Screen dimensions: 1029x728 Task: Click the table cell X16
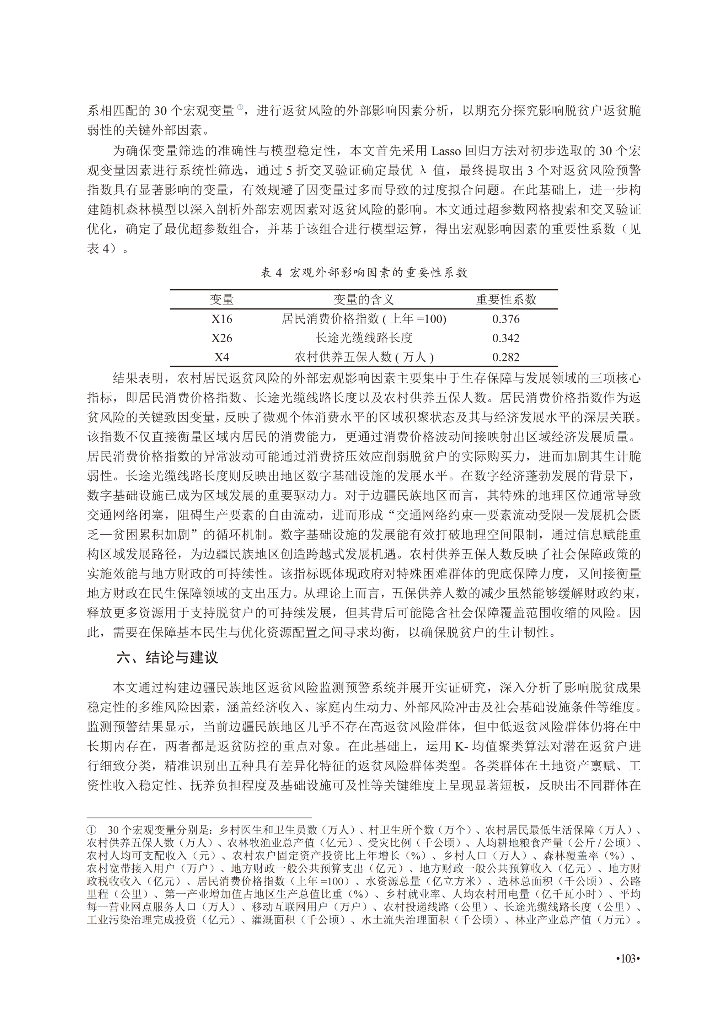pos(221,319)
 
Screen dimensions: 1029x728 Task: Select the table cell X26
pos(221,338)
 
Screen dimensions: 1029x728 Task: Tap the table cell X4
pos(221,357)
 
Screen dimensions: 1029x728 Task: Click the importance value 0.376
pos(506,319)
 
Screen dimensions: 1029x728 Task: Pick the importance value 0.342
pos(506,338)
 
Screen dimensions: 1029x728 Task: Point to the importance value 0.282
pos(506,357)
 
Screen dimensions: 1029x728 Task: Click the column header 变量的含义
pos(364,300)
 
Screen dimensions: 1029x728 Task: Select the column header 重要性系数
pos(506,300)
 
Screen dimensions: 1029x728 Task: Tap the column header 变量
pos(221,300)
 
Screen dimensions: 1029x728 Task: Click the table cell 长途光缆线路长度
pos(364,338)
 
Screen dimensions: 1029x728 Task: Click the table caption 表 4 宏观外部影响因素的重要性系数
pos(364,273)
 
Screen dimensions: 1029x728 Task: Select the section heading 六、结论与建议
pos(167,657)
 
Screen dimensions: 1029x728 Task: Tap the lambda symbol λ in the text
pos(422,170)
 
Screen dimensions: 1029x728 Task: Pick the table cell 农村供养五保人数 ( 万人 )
pos(364,357)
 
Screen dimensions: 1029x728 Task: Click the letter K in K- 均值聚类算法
pos(459,747)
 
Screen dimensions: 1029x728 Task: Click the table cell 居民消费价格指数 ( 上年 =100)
pos(364,319)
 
